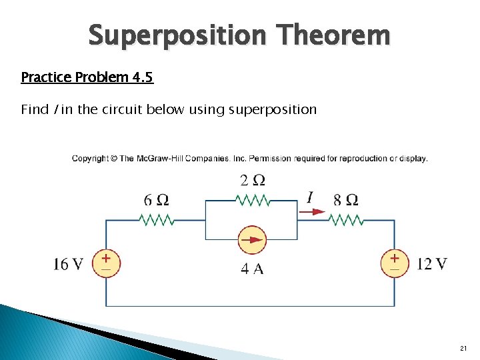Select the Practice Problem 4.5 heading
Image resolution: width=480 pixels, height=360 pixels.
pos(87,77)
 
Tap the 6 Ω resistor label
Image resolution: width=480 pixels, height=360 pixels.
pos(156,200)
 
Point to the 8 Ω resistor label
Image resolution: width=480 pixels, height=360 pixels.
pos(346,199)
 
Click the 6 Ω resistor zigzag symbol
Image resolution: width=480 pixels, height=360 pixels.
pos(156,219)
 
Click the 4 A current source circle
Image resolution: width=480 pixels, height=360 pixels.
pos(251,239)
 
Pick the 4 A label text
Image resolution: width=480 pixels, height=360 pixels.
pos(251,269)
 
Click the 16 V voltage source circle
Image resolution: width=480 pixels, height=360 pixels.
pos(106,263)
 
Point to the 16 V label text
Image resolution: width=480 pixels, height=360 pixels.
pos(69,264)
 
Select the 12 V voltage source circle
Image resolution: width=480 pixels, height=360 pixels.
pos(394,263)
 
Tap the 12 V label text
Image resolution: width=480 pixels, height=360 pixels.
pos(431,264)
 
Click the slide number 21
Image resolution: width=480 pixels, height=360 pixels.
pos(463,349)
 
